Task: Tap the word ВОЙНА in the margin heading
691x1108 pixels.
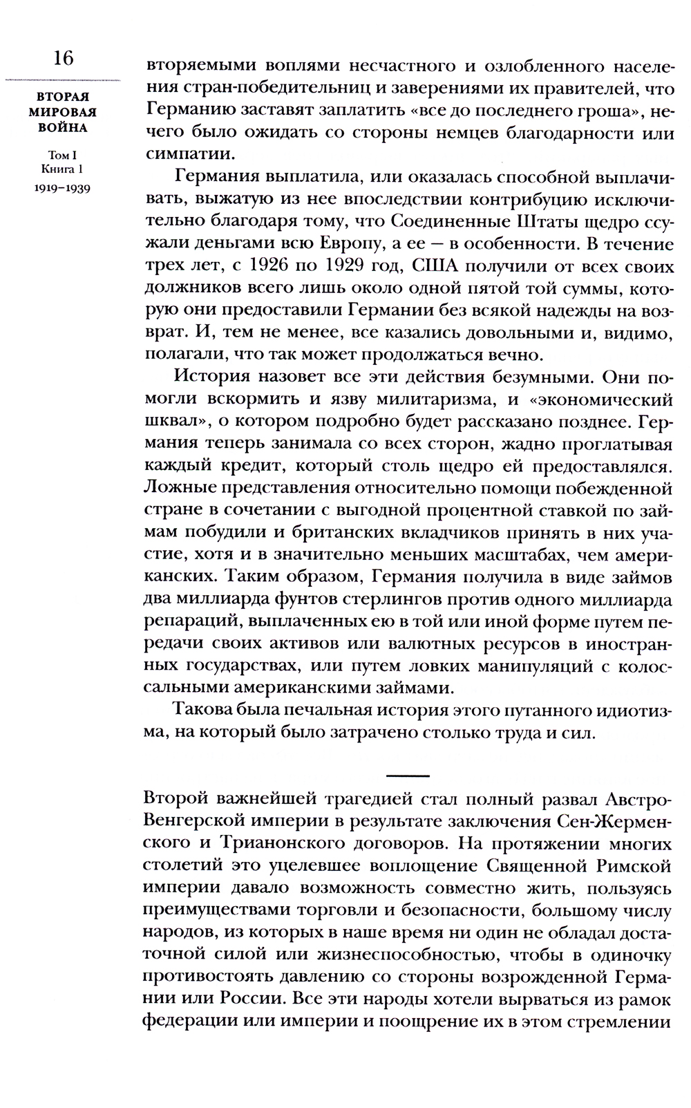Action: [x=62, y=128]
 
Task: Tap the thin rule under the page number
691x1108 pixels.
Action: [x=62, y=82]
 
